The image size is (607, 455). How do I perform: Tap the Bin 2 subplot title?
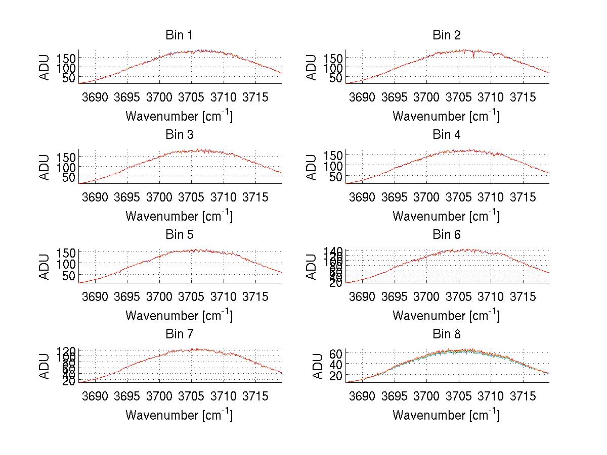pyautogui.click(x=446, y=35)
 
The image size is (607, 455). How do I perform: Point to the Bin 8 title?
pyautogui.click(x=446, y=334)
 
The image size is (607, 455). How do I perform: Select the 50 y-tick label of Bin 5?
pyautogui.click(x=69, y=275)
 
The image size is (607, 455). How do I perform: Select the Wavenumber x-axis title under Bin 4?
pyautogui.click(x=446, y=216)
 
